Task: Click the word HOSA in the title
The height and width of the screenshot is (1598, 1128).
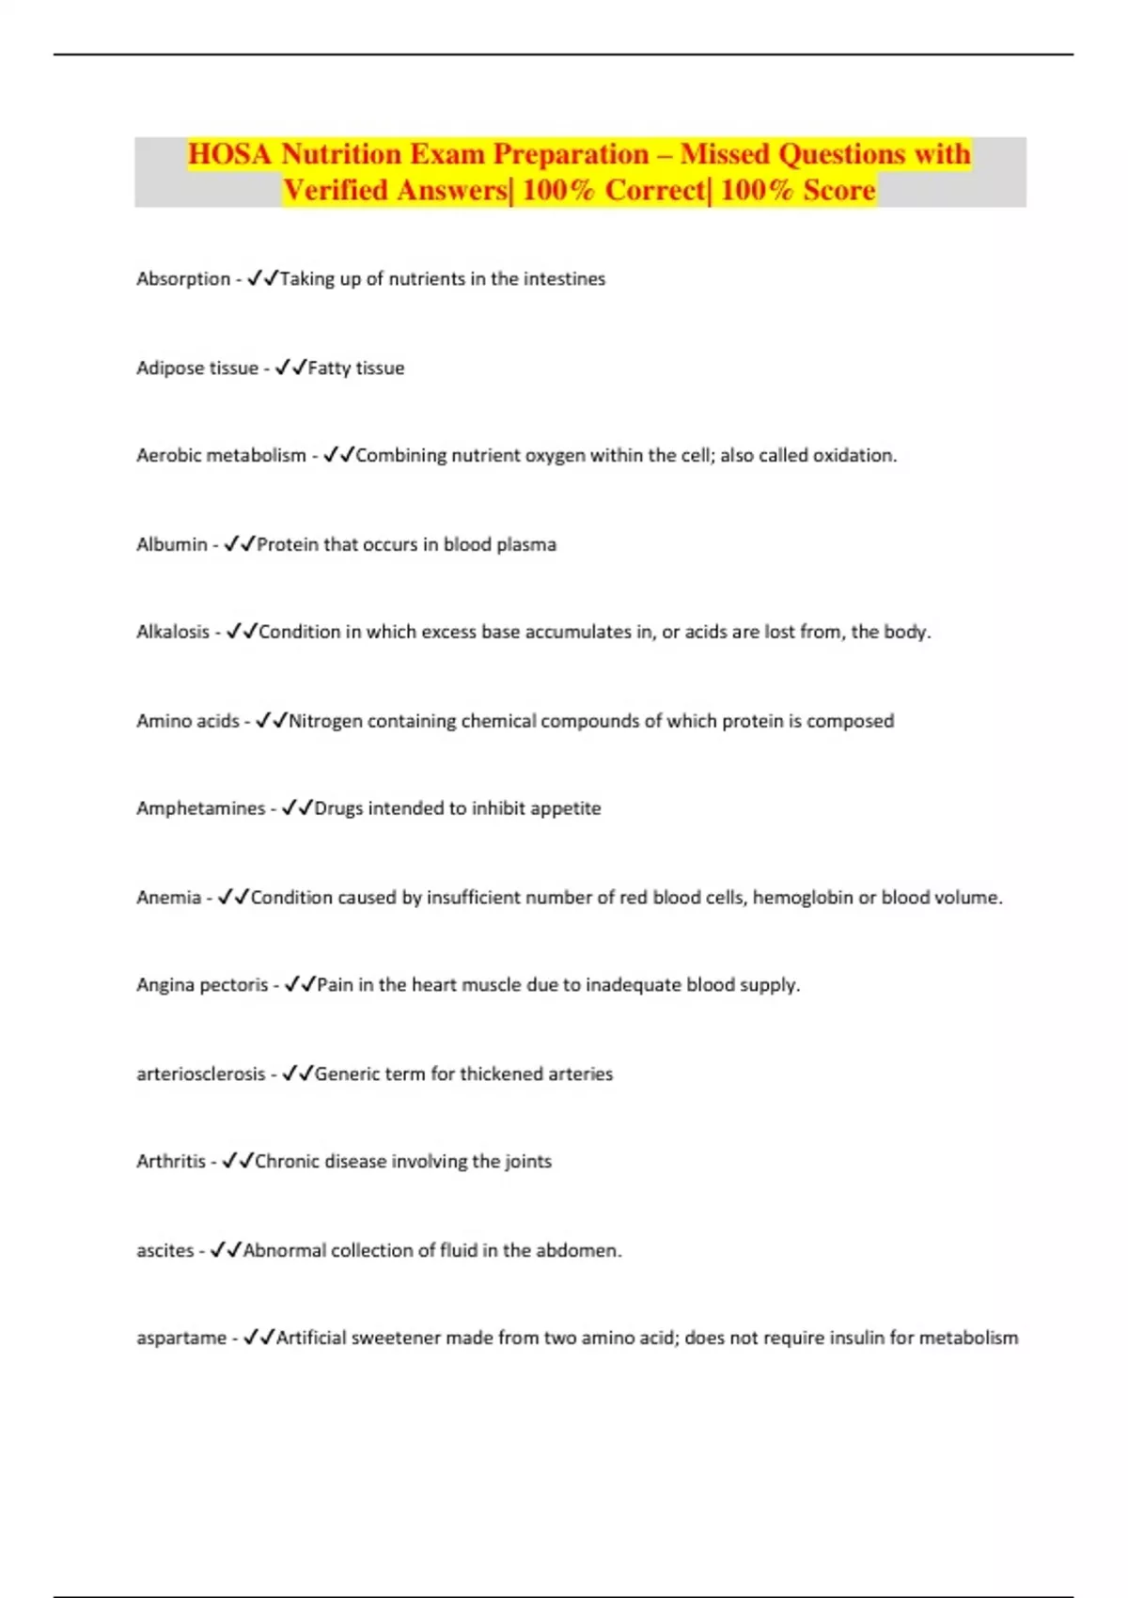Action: pyautogui.click(x=229, y=154)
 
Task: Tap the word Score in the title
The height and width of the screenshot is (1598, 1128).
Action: pyautogui.click(x=839, y=190)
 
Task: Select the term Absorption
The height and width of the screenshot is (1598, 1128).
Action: pyautogui.click(x=183, y=279)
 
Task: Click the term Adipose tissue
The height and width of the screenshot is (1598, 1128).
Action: pyautogui.click(x=197, y=368)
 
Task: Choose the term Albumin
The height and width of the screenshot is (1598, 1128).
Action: pyautogui.click(x=172, y=544)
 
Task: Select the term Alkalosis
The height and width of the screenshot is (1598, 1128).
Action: pyautogui.click(x=173, y=633)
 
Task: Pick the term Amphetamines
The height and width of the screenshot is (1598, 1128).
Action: pyautogui.click(x=201, y=808)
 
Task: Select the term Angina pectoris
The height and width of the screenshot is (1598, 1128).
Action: pyautogui.click(x=202, y=985)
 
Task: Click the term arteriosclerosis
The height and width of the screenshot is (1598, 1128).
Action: pyautogui.click(x=201, y=1074)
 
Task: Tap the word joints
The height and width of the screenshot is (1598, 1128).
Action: pyautogui.click(x=528, y=1162)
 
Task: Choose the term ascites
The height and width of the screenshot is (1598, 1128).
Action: pyautogui.click(x=165, y=1251)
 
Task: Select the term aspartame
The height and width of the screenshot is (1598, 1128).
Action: pyautogui.click(x=181, y=1338)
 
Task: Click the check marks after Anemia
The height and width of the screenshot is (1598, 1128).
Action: pyautogui.click(x=233, y=898)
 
